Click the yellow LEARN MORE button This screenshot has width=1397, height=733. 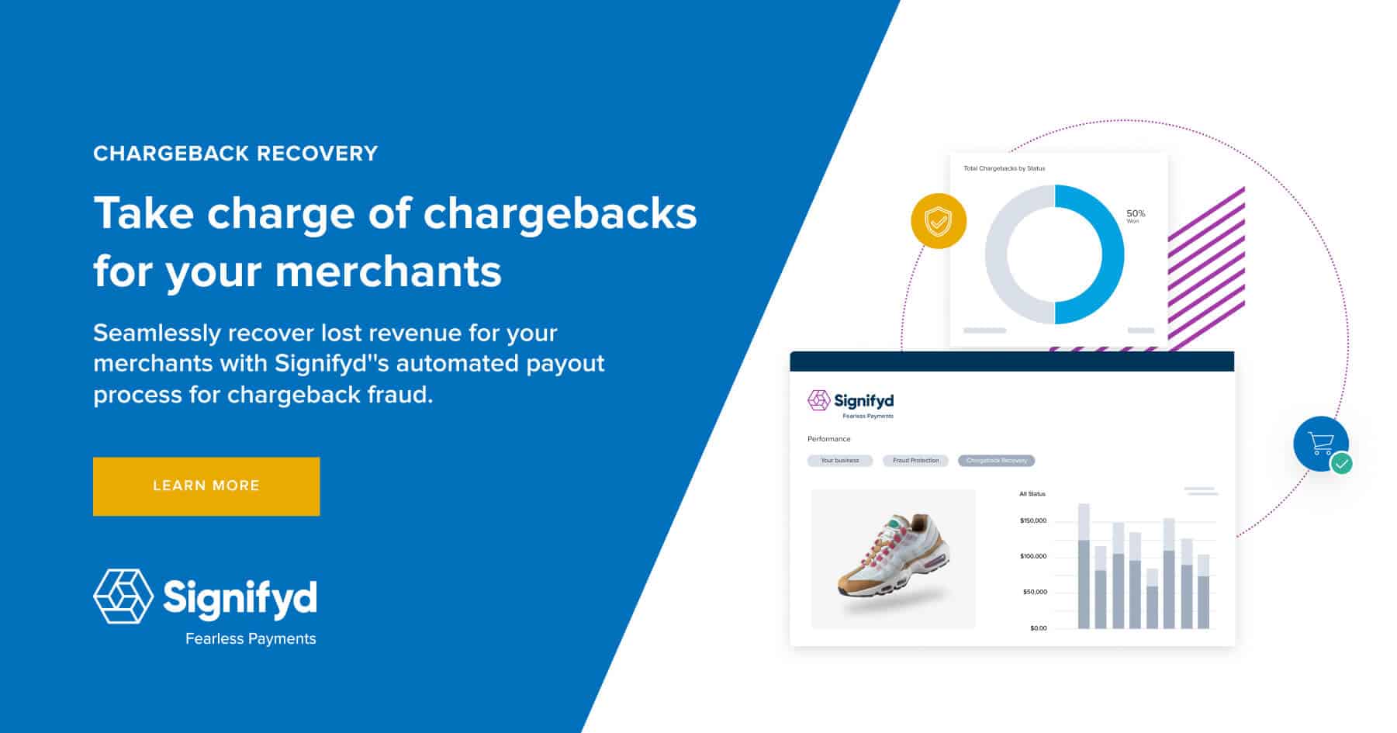pos(206,486)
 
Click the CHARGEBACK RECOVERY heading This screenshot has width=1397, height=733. pos(236,154)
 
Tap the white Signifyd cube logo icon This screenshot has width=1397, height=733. pos(123,596)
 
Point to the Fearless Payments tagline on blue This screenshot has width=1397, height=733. pos(251,639)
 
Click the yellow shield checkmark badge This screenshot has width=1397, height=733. pos(939,221)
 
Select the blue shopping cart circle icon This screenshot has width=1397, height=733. pos(1320,444)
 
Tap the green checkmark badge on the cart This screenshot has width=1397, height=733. pos(1341,464)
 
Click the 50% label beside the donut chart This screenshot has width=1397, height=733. pos(1136,214)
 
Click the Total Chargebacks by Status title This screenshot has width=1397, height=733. pos(1004,168)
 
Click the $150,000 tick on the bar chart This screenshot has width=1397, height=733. pos(1033,520)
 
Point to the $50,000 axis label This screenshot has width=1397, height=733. pos(1035,592)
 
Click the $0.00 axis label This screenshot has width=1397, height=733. pos(1038,628)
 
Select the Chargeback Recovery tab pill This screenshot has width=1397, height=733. pos(996,461)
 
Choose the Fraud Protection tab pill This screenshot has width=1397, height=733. pos(915,461)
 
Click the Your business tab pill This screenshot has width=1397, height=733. pos(840,461)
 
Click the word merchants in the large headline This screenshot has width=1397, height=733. pos(388,271)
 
